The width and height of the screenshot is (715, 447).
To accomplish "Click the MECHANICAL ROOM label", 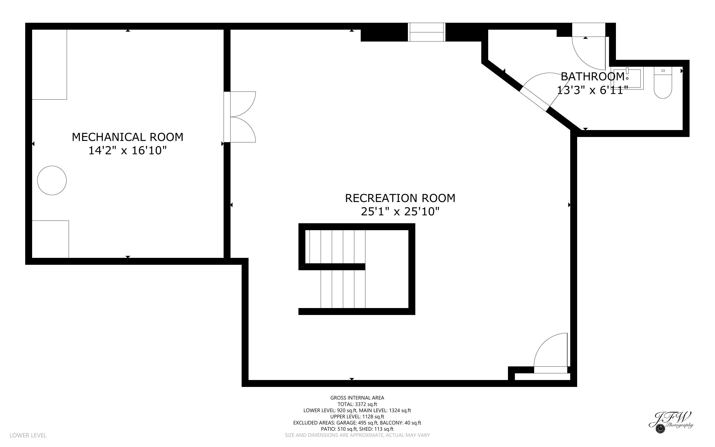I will click(127, 137).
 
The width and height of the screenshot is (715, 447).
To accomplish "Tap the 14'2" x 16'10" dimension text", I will click(127, 151).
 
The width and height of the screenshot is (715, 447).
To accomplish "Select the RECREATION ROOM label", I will click(400, 198).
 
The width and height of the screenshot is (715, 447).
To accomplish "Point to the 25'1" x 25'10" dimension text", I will click(400, 212).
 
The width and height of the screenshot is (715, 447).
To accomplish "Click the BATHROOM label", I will click(592, 77).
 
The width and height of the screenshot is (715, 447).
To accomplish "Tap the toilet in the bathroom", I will click(663, 84).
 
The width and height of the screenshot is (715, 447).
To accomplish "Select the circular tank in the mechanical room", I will click(52, 180).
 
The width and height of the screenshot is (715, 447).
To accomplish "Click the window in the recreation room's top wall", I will click(426, 32).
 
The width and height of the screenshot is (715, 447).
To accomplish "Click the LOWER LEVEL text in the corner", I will click(28, 435).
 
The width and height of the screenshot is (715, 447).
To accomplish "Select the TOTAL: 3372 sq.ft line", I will click(357, 404).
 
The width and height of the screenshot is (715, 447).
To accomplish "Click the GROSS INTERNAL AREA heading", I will click(357, 398).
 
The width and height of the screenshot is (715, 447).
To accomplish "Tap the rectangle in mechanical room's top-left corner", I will click(49, 65).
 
